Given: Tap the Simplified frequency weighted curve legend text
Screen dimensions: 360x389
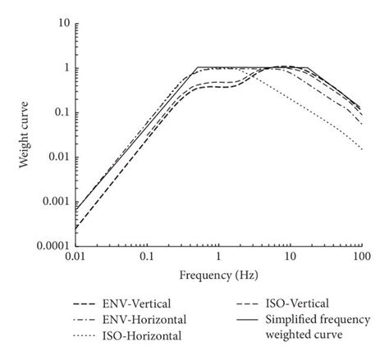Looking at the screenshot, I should pos(323,326).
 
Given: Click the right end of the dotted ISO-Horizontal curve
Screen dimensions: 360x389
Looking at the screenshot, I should pos(361,149).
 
